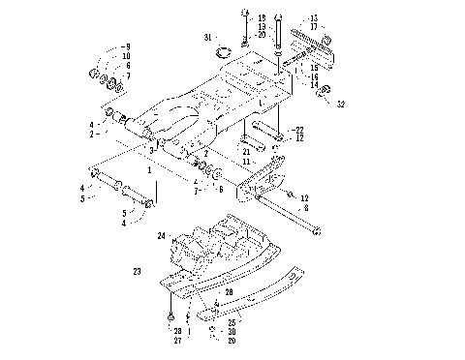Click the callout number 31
tap(207, 38)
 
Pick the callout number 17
tap(313, 26)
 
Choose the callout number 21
tap(247, 150)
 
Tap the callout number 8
tap(307, 207)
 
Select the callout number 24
tap(163, 235)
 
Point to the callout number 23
tap(137, 272)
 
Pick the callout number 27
tap(177, 341)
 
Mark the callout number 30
tap(232, 331)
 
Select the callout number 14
tap(313, 84)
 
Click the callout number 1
tap(149, 168)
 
